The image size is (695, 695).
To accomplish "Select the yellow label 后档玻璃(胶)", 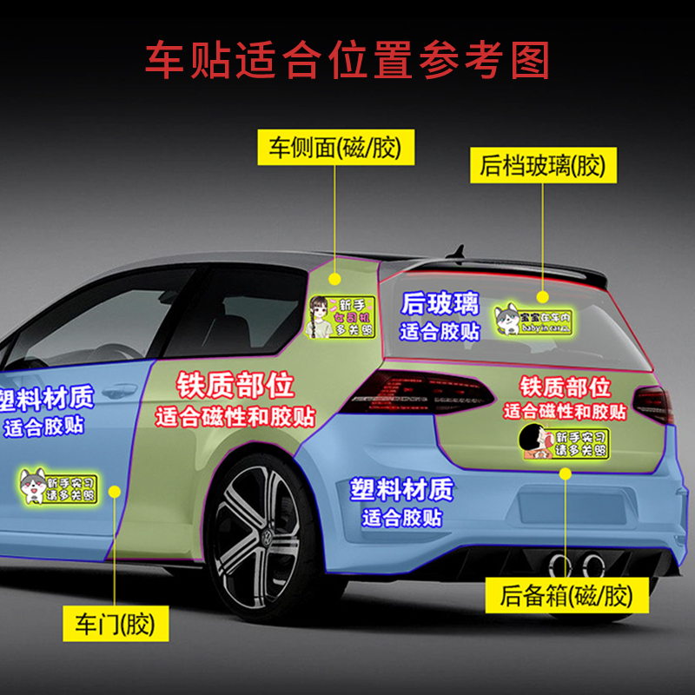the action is coord(543,164).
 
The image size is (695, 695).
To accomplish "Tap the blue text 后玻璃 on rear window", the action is coord(440,304).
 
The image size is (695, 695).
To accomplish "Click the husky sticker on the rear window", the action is coord(533,320).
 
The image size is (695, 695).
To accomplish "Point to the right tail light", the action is coord(653,403).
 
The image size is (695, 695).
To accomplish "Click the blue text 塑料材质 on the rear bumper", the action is coord(401,490).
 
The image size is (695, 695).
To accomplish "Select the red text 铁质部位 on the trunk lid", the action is coord(565,387).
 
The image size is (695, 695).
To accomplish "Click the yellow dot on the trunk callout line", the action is coord(566,474).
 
